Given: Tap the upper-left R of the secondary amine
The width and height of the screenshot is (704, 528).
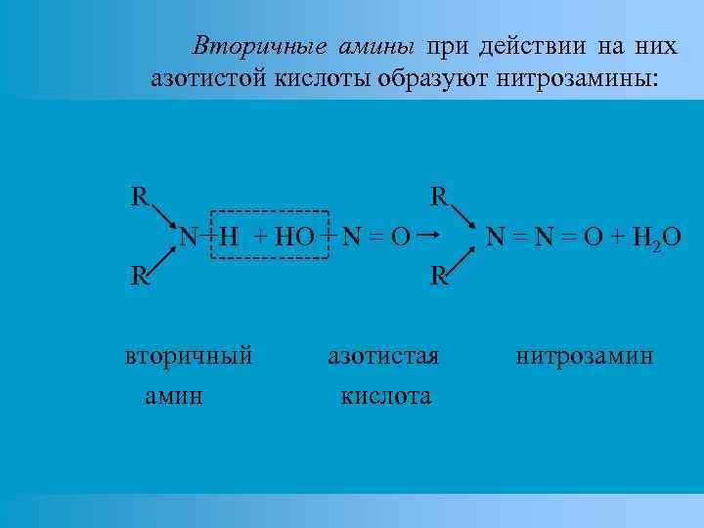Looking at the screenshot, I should point(141,196).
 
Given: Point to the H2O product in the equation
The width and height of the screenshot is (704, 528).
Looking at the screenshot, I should point(659,237).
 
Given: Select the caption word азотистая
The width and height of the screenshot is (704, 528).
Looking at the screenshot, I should point(383,355).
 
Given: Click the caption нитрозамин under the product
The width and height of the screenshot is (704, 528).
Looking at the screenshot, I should point(585,355).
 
